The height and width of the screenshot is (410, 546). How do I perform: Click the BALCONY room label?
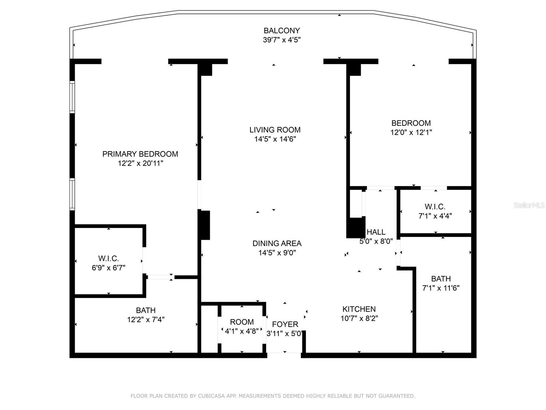coord(282,31)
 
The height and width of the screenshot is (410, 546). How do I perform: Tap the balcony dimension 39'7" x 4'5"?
coord(282,40)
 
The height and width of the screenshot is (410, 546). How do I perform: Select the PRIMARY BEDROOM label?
coord(140,154)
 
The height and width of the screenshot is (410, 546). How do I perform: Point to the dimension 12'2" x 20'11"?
coord(141,163)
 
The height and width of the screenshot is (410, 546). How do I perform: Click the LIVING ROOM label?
coord(275,130)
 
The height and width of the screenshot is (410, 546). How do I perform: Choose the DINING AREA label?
coord(277,243)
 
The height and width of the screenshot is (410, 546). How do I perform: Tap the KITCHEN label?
coord(359,309)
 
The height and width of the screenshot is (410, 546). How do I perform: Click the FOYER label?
coord(285,324)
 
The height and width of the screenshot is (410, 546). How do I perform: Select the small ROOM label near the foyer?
coord(242,322)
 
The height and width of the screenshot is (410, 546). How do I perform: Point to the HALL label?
coord(376,232)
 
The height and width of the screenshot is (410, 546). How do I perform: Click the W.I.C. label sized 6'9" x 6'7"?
coord(109,258)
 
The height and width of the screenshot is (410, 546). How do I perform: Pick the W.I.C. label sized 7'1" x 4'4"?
coord(435,207)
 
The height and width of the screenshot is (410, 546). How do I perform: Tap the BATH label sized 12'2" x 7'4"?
coord(146,310)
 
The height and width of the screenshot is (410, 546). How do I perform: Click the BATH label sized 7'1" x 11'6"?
coord(441,278)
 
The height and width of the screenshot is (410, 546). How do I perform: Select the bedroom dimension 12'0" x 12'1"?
coord(411,132)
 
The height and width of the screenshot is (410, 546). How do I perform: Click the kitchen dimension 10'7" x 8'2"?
coord(359,318)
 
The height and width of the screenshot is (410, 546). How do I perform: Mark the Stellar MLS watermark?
coord(529,205)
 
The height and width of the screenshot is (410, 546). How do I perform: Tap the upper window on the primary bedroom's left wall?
coord(72,97)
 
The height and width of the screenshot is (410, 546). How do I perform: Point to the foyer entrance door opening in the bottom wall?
coord(284,355)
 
